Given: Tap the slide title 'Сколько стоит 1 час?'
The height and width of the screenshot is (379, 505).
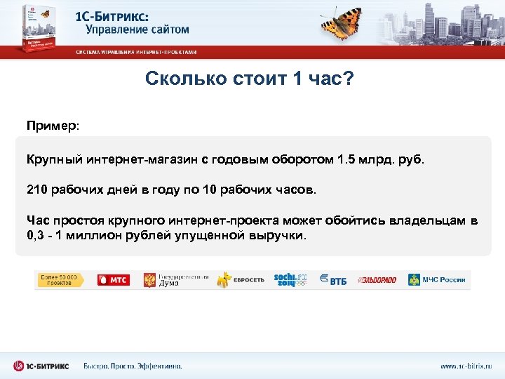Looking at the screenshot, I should tap(250, 79).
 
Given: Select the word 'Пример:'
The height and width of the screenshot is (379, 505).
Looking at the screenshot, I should tap(53, 126).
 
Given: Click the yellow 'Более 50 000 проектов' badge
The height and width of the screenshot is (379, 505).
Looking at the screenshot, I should tap(60, 279).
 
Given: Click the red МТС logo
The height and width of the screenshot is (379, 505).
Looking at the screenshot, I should tap(112, 279).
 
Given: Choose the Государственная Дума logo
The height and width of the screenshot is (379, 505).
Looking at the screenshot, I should tap(175, 279).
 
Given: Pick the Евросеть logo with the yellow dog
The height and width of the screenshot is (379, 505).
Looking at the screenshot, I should tap(241, 279).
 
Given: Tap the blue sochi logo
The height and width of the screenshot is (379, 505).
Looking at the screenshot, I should tap(290, 279).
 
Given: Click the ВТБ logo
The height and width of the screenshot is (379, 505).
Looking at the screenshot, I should tap(333, 279).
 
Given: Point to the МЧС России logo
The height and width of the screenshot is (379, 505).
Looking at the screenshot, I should tap(436, 279).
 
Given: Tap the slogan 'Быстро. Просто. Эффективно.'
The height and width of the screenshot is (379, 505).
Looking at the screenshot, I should tap(133, 366).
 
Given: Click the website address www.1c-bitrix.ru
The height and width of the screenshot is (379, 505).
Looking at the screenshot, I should tap(466, 366).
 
